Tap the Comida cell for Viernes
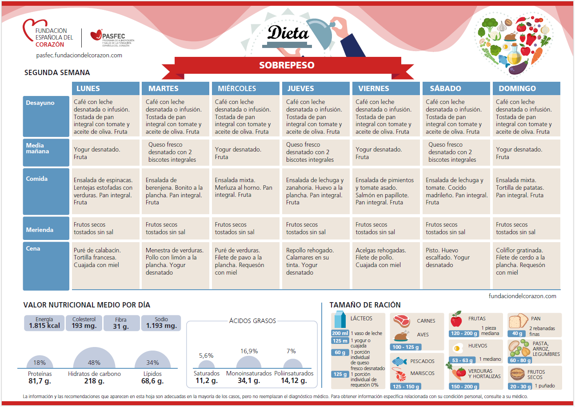(386, 192)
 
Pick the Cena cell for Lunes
(105, 265)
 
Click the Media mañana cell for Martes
(175, 152)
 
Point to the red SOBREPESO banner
(287, 65)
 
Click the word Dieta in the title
(288, 33)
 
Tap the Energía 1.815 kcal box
(44, 323)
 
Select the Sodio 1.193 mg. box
(161, 323)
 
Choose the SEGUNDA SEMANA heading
(57, 72)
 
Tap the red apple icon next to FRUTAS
(456, 319)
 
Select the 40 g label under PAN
(517, 333)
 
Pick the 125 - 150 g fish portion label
(405, 386)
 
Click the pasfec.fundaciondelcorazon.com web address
(79, 56)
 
